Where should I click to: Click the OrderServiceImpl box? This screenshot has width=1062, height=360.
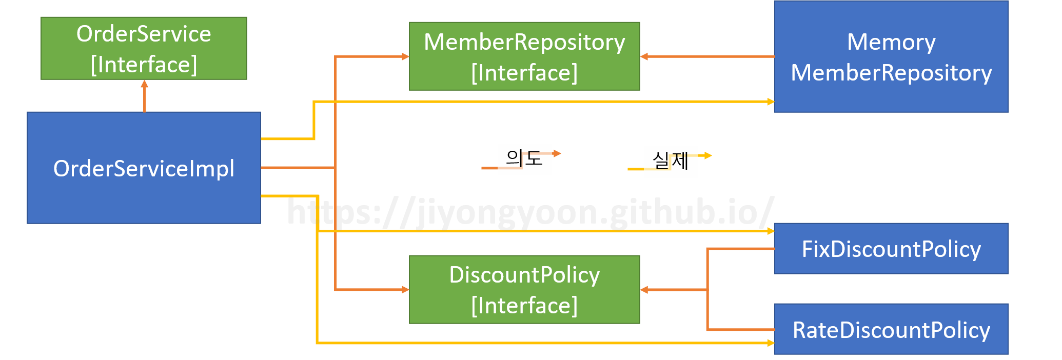[144, 168]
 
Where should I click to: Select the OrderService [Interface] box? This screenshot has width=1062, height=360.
[144, 49]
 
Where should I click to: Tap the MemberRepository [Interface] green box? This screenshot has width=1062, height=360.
[524, 56]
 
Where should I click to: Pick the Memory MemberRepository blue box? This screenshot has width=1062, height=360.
[891, 56]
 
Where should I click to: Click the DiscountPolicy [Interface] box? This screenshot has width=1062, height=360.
[524, 290]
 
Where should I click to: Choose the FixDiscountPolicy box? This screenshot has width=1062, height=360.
[891, 249]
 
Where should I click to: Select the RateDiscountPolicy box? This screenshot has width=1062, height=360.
[891, 329]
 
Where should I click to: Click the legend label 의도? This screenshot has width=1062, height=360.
[524, 158]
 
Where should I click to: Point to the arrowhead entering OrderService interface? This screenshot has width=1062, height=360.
[144, 84]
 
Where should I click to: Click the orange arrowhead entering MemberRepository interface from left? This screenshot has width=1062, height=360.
[405, 56]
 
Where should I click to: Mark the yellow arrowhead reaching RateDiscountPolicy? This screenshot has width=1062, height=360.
[771, 343]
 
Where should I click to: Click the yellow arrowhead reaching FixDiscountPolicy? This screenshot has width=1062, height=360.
[771, 231]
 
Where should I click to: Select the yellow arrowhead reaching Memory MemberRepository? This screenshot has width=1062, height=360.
[771, 102]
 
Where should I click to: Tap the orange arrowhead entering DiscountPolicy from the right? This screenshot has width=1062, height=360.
[644, 290]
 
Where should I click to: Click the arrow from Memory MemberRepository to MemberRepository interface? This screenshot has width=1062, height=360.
[708, 56]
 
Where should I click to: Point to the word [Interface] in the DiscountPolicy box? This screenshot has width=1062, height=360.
[524, 306]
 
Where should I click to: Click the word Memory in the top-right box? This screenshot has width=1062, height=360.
[891, 42]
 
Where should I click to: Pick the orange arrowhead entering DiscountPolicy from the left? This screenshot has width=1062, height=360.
[405, 290]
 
